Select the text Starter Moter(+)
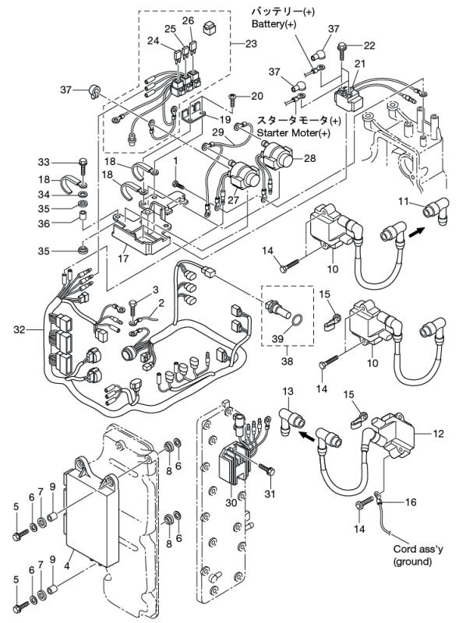299,133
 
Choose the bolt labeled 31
270,471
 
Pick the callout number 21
360,63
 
